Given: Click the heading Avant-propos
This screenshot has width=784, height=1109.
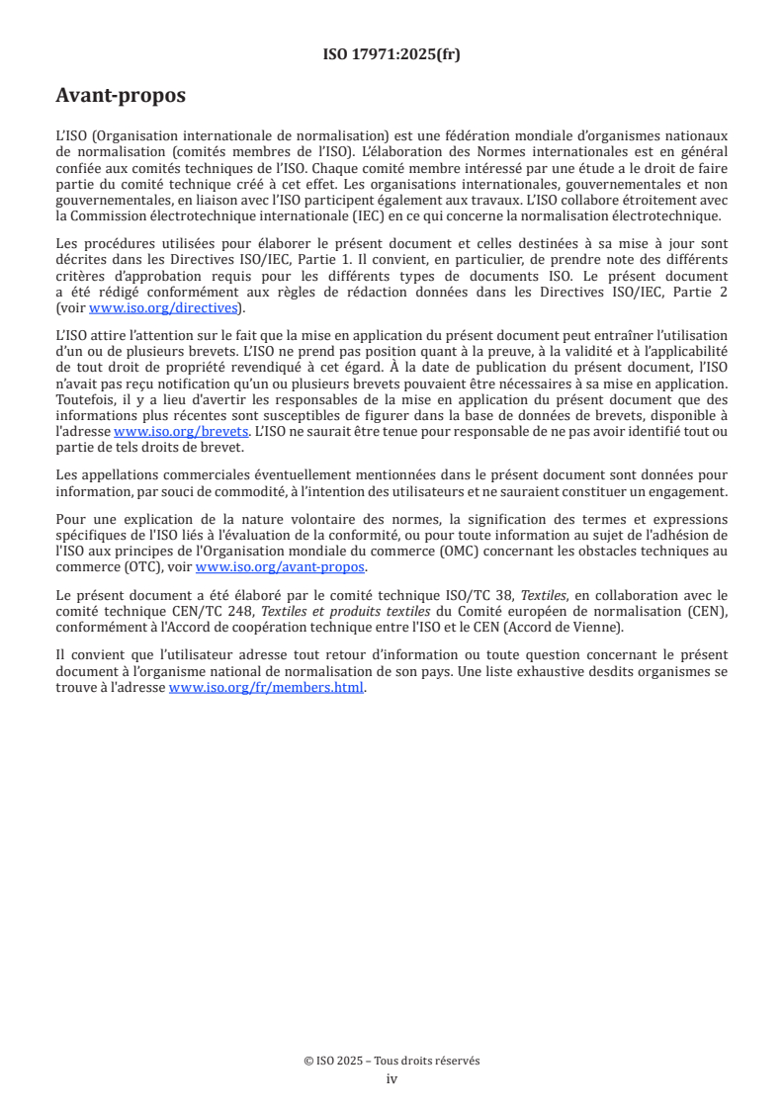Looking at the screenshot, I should pos(121,96).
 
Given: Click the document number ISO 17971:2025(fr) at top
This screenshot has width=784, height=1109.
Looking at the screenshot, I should pos(392,55).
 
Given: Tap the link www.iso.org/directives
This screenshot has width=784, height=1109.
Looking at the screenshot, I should pos(165,307).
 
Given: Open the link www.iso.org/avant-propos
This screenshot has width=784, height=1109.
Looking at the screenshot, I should pos(281,566).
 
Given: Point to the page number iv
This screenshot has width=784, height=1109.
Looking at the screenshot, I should pos(392,1078).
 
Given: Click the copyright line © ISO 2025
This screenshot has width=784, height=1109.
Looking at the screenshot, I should pos(392,1061).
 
